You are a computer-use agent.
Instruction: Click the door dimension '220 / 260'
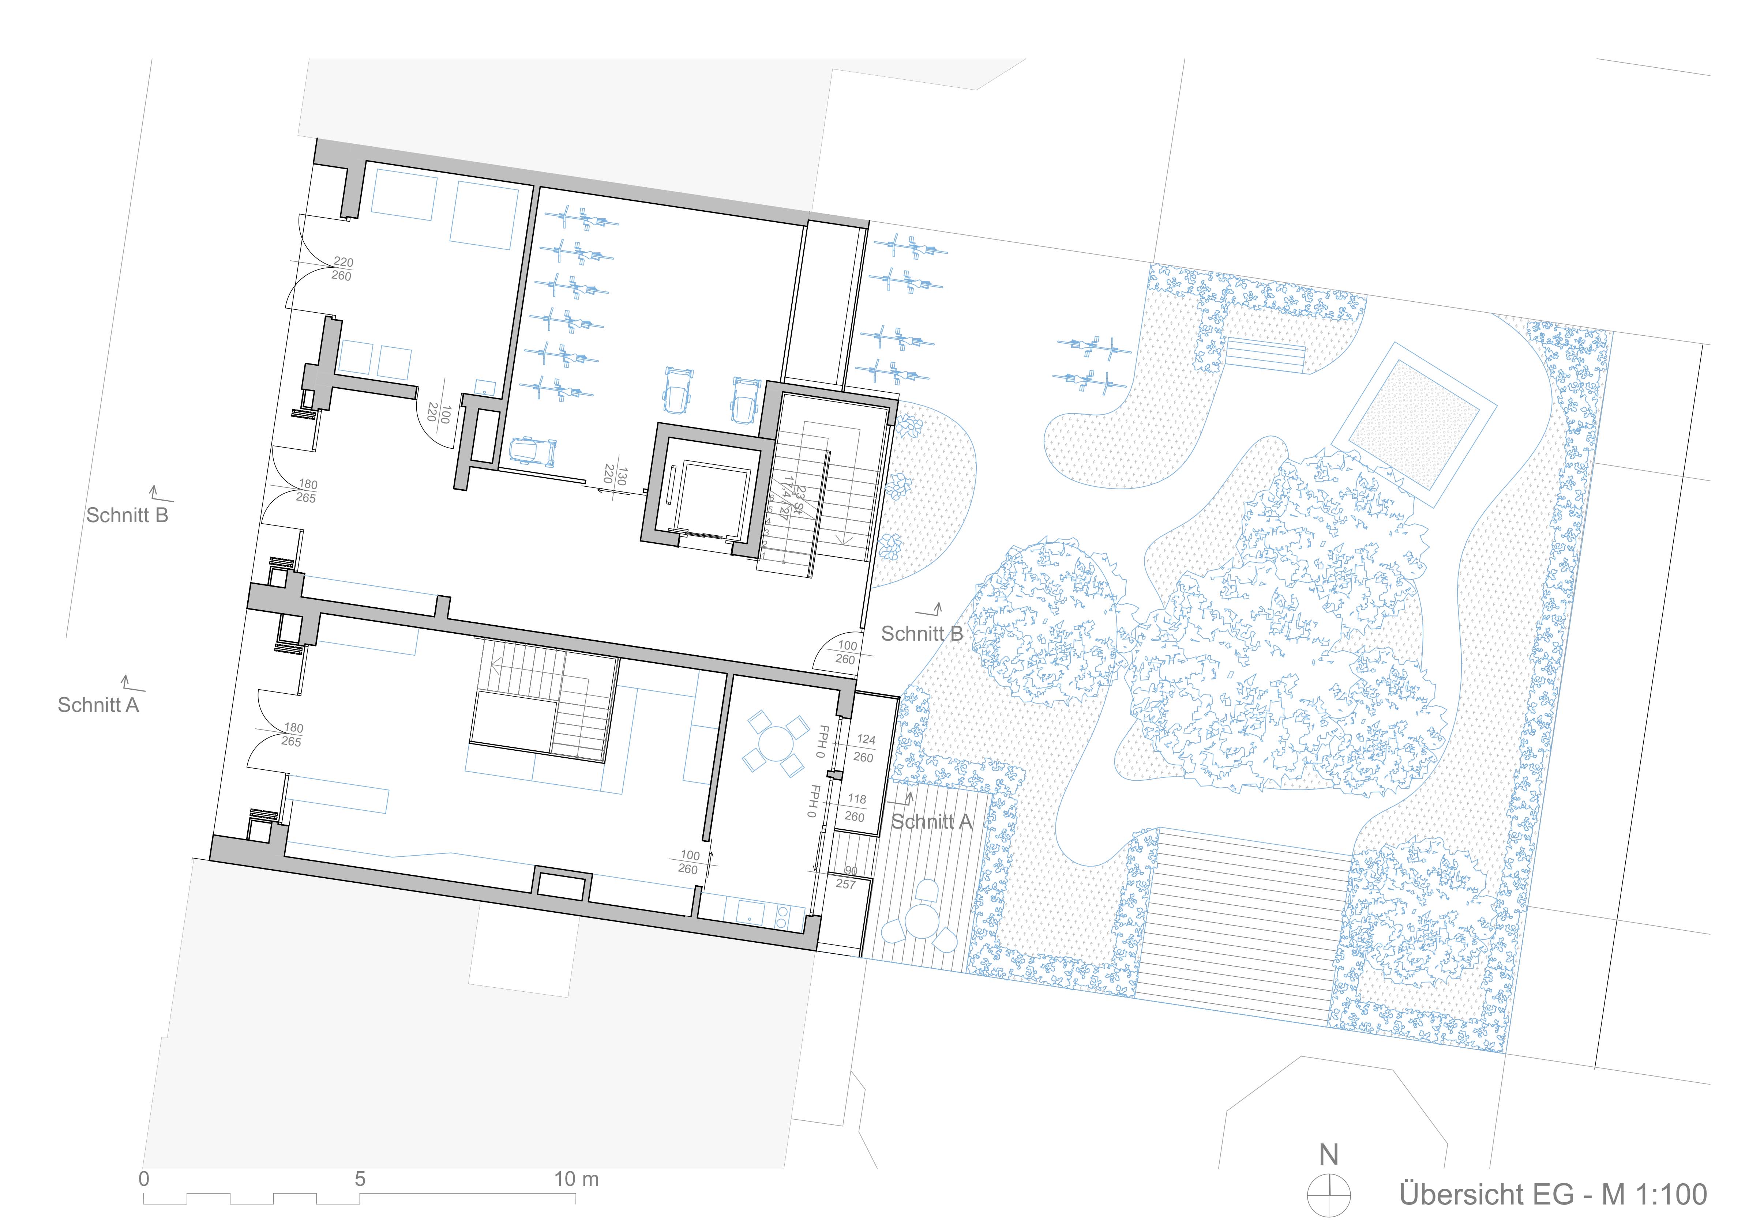[x=342, y=269]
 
